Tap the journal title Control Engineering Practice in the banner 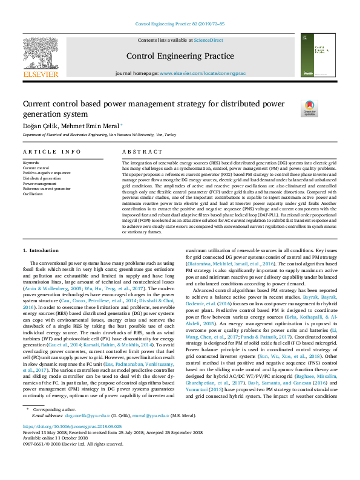coord(180,56)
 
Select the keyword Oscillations coord(33,194)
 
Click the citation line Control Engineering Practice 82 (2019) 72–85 coord(180,24)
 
